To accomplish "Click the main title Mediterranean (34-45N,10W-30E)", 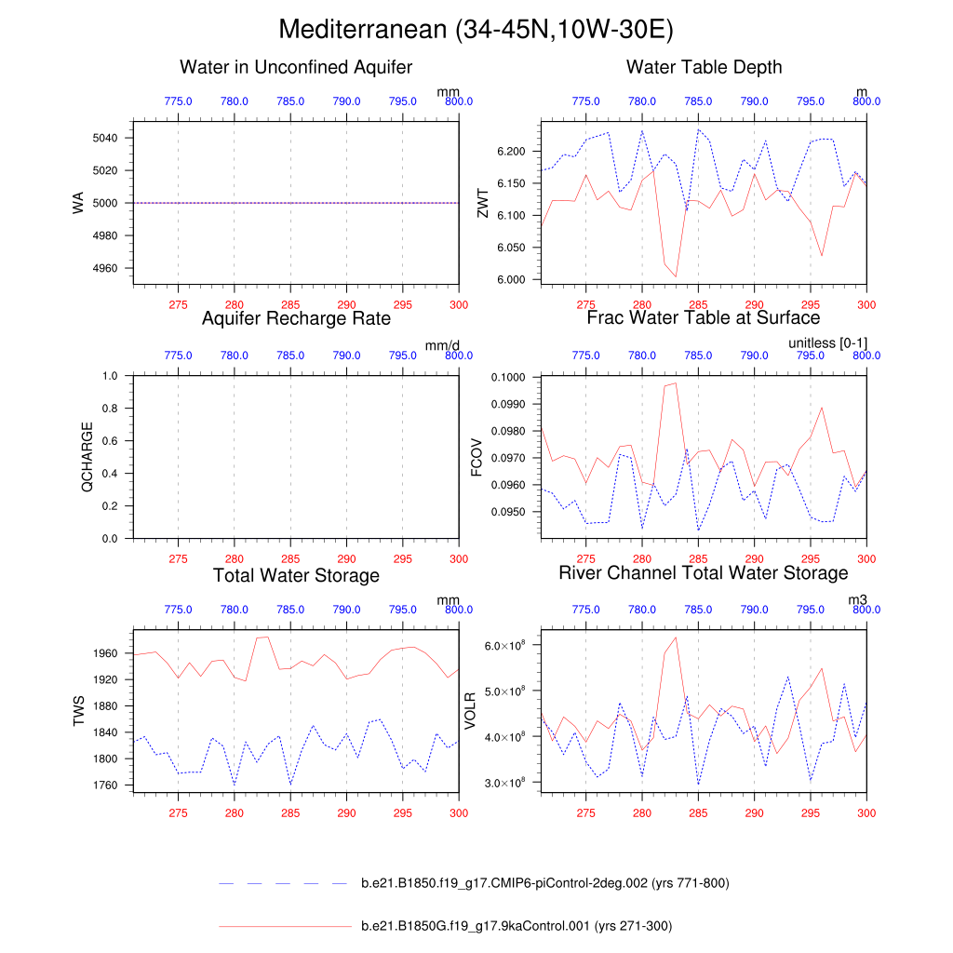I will point(476,31).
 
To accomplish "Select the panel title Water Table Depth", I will point(704,67).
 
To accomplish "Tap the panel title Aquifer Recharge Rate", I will point(296,318).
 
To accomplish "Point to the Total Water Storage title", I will point(296,575).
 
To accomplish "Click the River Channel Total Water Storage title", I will point(704,572).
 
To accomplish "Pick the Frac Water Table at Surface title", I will point(704,317).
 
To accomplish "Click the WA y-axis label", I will point(78,203).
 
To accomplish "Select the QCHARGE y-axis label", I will point(87,457).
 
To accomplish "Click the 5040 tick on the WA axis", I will point(105,138).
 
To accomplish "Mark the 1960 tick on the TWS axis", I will point(105,653).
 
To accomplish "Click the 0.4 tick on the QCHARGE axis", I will point(111,474).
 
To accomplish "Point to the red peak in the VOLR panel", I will point(676,638).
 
